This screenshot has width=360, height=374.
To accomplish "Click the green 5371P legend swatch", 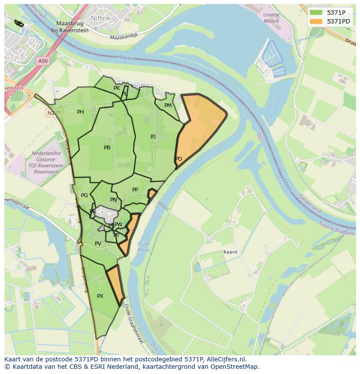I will (x=316, y=13).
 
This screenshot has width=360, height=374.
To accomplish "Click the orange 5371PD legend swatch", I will (x=316, y=21).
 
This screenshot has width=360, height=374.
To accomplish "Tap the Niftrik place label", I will (x=100, y=18).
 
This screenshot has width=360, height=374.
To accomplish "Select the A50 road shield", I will (x=43, y=61).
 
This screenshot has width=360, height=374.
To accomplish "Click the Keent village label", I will (x=230, y=252).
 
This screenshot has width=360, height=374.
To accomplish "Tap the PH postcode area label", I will (x=80, y=112).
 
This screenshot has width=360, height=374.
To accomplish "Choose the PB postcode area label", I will (x=107, y=148).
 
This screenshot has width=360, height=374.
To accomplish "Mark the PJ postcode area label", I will (x=153, y=136).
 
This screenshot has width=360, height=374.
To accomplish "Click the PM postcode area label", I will (x=168, y=106).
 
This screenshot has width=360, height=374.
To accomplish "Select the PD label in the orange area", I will (x=179, y=159).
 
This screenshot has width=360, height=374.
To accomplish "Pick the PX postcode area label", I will (x=100, y=296).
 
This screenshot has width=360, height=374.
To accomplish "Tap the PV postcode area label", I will (x=98, y=244).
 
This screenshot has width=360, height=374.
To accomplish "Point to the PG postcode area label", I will (x=84, y=195).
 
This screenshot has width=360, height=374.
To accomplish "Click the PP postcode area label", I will (x=135, y=190).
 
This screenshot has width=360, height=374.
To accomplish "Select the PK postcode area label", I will (x=117, y=88).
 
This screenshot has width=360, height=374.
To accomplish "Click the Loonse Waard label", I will (x=271, y=18).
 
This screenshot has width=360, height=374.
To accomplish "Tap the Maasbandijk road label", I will (x=123, y=37).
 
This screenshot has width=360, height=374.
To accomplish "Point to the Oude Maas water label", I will (x=143, y=247).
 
